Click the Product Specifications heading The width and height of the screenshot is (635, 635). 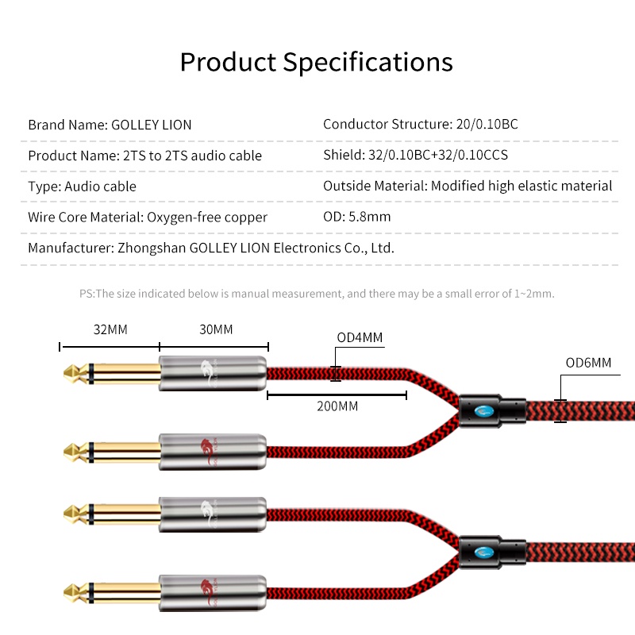[316, 63]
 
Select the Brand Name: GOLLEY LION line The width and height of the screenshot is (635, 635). [110, 125]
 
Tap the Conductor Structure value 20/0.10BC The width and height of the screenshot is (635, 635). [487, 124]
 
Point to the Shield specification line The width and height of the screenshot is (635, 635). [415, 155]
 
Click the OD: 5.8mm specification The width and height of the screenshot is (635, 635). [356, 217]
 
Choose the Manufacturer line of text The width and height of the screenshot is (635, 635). [211, 248]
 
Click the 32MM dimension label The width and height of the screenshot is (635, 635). [110, 329]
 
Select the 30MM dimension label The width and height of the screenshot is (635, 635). [216, 329]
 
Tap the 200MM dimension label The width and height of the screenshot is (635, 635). [337, 406]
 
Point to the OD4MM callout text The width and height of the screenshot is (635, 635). [360, 337]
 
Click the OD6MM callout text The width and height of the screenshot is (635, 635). [588, 363]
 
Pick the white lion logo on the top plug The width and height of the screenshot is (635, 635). [210, 372]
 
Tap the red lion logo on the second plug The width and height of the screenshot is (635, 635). [210, 452]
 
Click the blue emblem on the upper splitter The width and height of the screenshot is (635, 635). [484, 411]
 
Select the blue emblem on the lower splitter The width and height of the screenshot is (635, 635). [484, 552]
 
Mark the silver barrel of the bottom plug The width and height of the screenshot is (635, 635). [212, 593]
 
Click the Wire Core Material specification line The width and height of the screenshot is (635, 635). [148, 217]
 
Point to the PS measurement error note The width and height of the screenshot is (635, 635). [317, 294]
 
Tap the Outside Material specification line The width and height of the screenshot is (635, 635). [468, 186]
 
